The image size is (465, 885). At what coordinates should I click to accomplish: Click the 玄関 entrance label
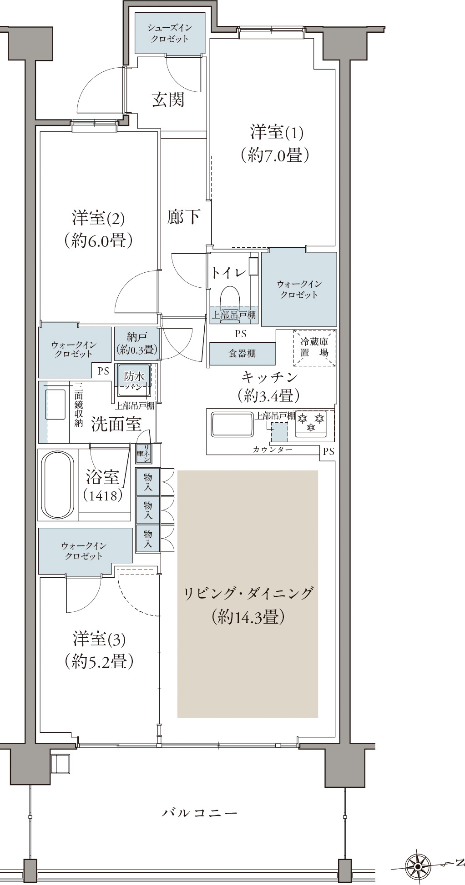click(168, 100)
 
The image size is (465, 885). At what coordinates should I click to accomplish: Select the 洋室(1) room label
click(276, 133)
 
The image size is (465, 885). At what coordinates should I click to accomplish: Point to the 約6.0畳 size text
click(98, 240)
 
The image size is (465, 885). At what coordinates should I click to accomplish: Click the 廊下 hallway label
click(184, 217)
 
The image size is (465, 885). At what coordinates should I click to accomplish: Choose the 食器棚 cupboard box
click(243, 354)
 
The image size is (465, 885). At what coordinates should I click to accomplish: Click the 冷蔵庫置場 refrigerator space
click(314, 348)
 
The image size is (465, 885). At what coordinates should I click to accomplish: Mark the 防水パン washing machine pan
click(135, 381)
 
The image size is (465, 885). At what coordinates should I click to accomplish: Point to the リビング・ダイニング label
click(248, 594)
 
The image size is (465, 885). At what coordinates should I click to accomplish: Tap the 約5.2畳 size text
click(99, 661)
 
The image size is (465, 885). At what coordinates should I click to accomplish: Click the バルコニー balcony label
click(200, 812)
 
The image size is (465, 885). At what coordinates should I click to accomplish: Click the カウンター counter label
click(273, 450)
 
